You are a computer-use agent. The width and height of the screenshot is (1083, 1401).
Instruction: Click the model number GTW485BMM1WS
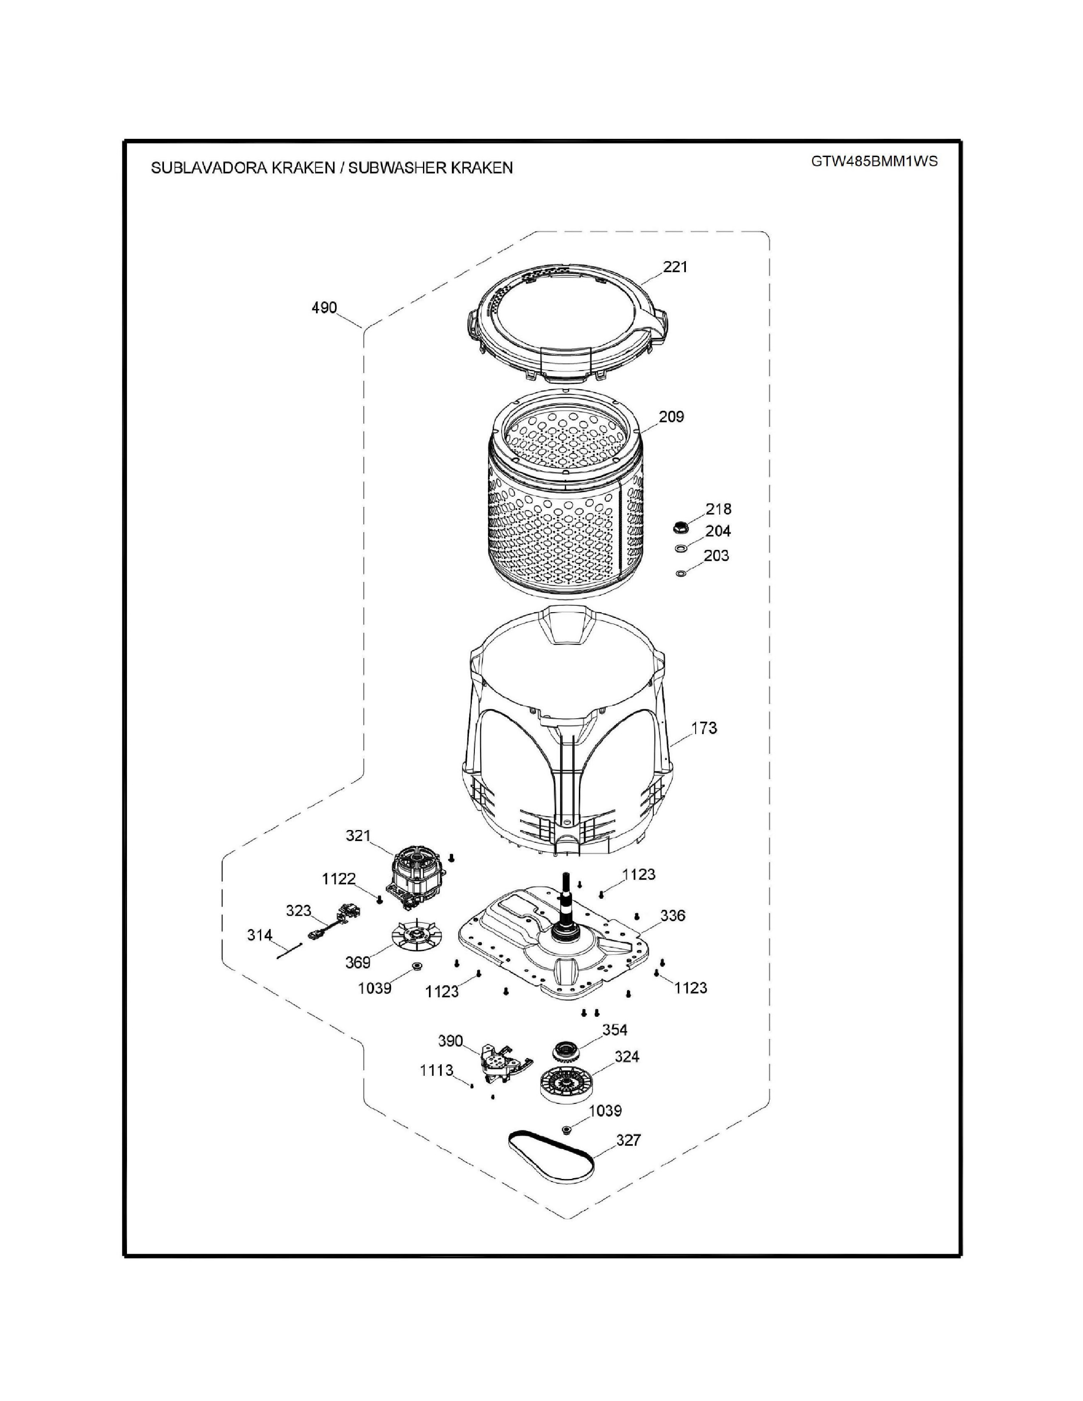coord(874,162)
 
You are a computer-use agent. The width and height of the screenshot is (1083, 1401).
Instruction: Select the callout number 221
coord(675,267)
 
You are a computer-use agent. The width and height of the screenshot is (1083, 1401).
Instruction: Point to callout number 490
coord(324,308)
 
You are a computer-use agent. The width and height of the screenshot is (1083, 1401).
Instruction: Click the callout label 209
coord(671,417)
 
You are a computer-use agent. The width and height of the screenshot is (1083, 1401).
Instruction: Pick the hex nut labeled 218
coord(680,529)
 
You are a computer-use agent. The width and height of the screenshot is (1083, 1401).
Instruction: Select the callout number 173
coord(704,728)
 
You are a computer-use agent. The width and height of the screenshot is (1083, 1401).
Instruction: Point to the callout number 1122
coord(339,880)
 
